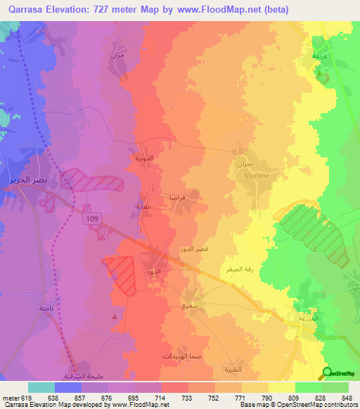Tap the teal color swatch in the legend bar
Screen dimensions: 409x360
pyautogui.click(x=41, y=387)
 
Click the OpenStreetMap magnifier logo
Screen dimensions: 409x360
pyautogui.click(x=327, y=373)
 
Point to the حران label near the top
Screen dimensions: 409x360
pyautogui.click(x=117, y=54)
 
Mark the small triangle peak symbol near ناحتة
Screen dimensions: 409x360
pyautogui.click(x=115, y=317)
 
